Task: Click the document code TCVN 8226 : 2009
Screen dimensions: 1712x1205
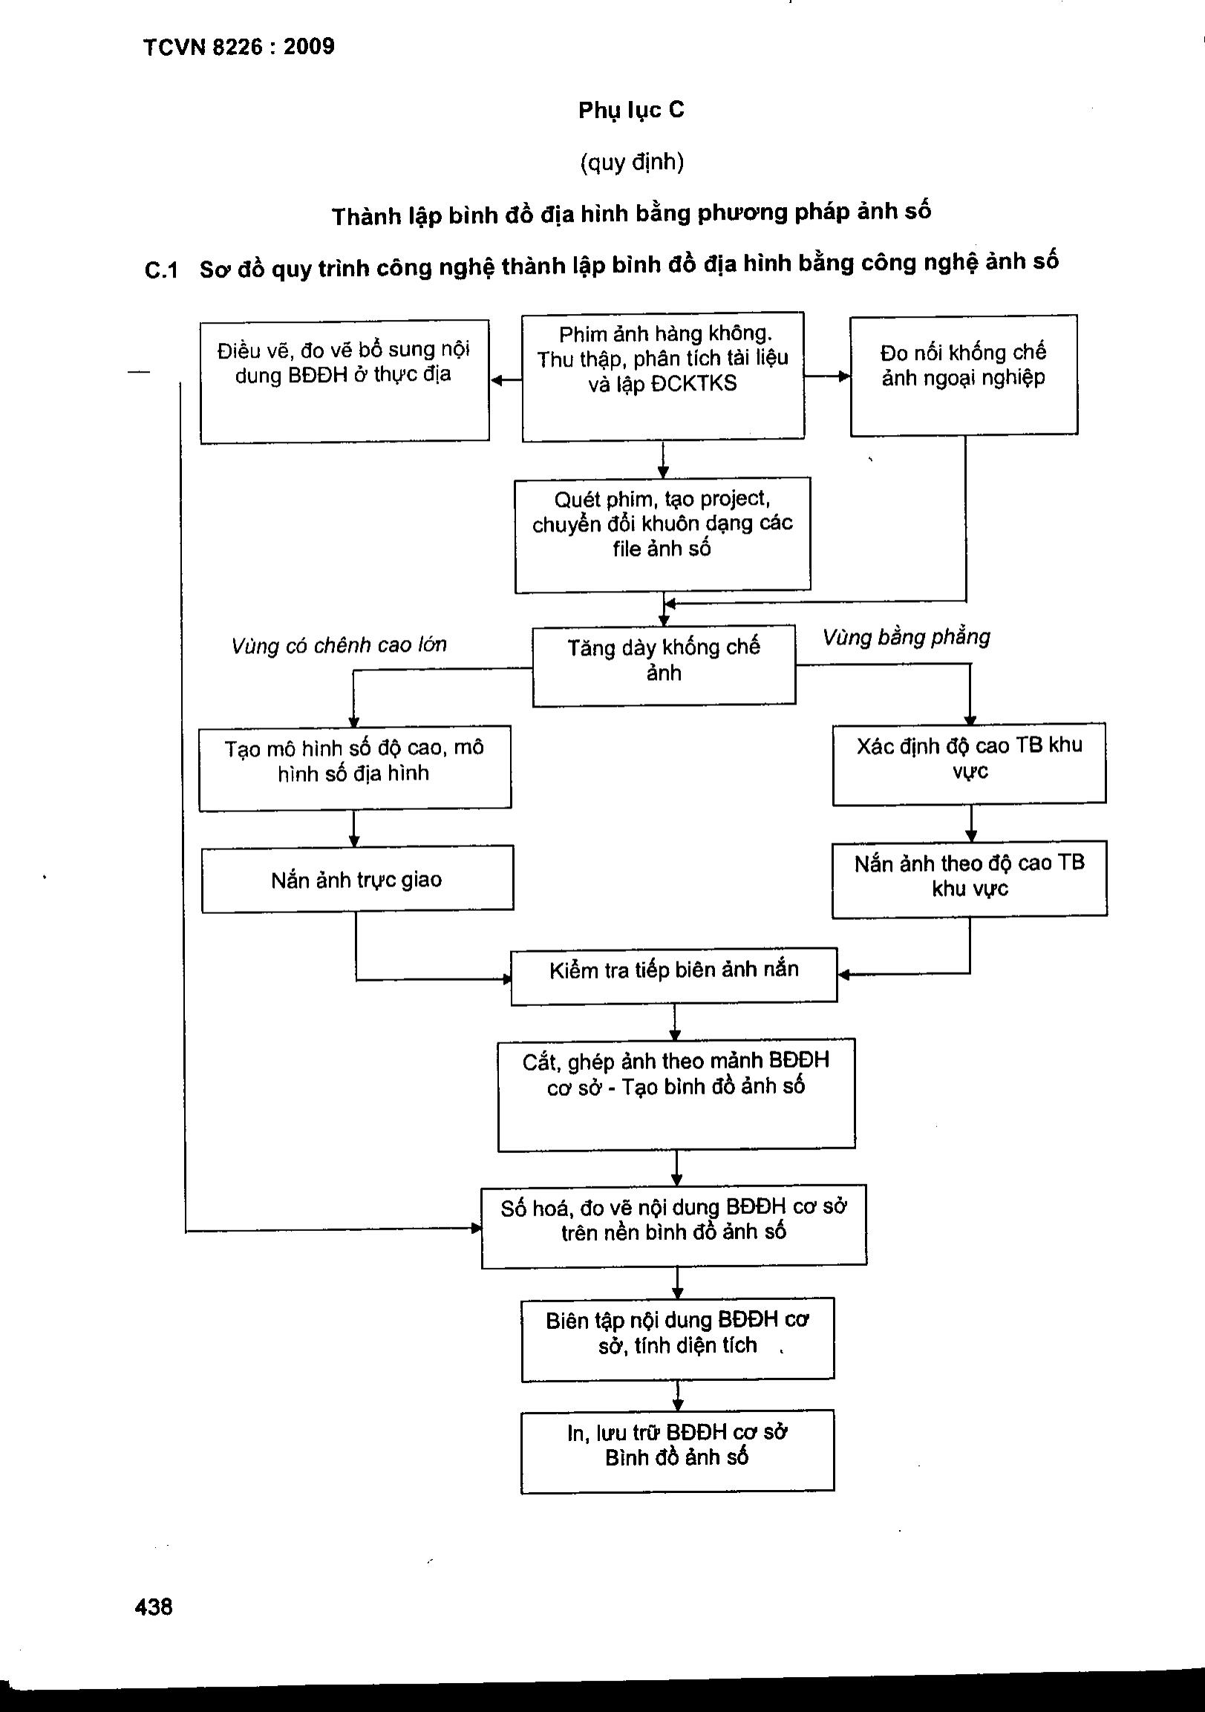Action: click(238, 47)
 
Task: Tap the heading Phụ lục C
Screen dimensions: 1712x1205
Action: click(631, 111)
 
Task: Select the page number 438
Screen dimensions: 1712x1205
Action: click(154, 1606)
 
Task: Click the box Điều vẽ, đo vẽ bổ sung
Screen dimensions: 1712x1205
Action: click(344, 381)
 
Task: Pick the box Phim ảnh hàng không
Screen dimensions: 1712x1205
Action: click(663, 376)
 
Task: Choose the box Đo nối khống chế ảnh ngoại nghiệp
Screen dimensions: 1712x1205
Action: click(964, 375)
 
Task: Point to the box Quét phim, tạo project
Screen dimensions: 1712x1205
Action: click(662, 534)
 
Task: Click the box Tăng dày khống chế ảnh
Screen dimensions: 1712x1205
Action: click(664, 665)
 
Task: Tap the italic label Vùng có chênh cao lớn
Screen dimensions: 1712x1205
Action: click(339, 645)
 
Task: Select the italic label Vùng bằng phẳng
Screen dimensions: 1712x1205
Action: click(906, 638)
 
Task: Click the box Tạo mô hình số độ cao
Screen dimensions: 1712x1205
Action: click(355, 767)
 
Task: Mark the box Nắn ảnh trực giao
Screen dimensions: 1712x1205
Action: click(357, 879)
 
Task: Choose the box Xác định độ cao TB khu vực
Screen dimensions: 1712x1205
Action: click(970, 763)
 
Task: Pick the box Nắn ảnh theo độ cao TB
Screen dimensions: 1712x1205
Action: click(970, 878)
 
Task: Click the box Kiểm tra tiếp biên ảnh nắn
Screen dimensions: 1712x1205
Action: click(674, 976)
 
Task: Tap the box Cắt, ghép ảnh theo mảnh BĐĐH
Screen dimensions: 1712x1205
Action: click(676, 1094)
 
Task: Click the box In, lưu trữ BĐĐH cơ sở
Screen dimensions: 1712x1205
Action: click(677, 1450)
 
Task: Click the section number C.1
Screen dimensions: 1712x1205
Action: click(161, 270)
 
